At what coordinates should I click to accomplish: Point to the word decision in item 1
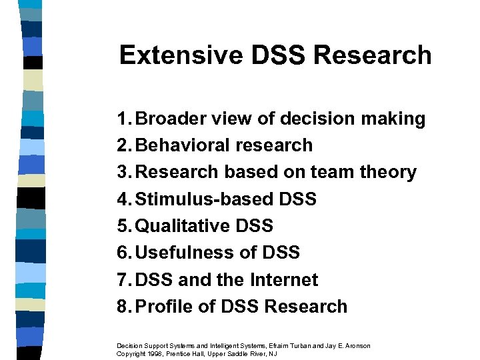coord(313,119)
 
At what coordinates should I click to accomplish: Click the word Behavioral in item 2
coord(182,146)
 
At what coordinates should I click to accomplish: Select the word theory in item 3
coord(389,173)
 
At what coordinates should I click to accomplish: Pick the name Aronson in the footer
coord(355,345)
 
